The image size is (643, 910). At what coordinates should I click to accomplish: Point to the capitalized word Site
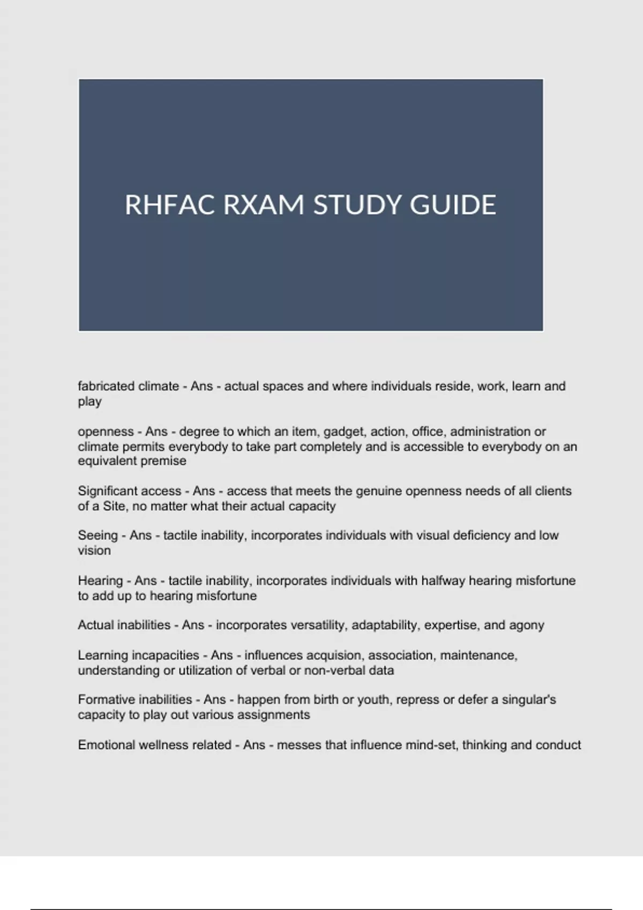[x=114, y=506]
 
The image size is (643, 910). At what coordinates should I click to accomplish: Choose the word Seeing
[x=98, y=535]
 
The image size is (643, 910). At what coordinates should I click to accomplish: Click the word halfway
[x=443, y=581]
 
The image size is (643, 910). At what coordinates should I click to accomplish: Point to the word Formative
[x=106, y=700]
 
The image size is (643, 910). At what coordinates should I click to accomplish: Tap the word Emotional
[x=106, y=745]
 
